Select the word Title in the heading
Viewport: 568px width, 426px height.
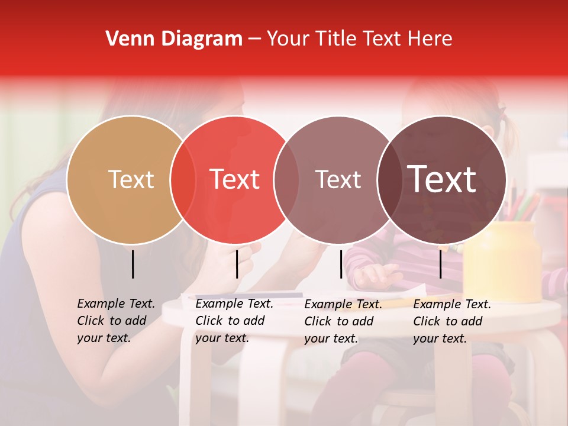pos(337,39)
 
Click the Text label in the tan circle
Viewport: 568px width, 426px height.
pos(131,179)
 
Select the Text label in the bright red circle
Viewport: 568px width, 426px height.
pos(235,179)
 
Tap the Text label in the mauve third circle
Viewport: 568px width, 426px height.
pos(338,179)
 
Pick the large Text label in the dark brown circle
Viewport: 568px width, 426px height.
pos(442,179)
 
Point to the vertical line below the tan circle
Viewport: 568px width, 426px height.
pos(133,264)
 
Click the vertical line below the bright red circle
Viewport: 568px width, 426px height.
pos(237,264)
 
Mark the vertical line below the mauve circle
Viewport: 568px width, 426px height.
pos(341,264)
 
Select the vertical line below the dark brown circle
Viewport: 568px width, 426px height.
pos(440,264)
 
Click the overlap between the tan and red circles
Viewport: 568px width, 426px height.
pos(183,179)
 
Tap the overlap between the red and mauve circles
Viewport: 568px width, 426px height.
pos(286,179)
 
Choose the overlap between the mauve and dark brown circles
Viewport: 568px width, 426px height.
pos(389,179)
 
